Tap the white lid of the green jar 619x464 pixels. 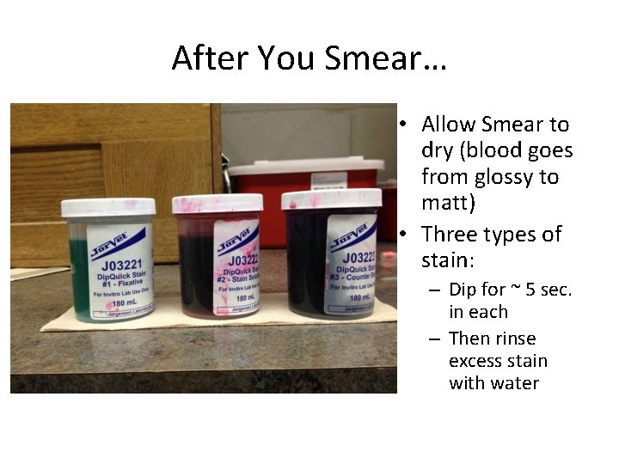point(108,207)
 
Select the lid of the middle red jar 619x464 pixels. point(217,204)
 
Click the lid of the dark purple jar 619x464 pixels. point(331,199)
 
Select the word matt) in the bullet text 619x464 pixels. point(448,204)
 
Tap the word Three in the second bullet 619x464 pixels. point(450,235)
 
